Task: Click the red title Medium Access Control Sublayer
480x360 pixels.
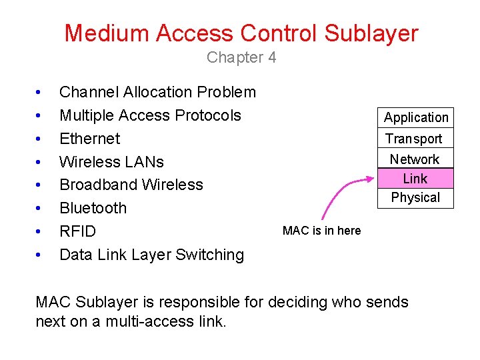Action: pos(241,33)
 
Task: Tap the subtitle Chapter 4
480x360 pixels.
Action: pos(241,57)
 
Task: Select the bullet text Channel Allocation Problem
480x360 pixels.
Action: pos(157,92)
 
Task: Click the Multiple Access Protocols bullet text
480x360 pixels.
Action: pos(150,115)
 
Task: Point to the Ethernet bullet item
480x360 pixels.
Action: pos(89,139)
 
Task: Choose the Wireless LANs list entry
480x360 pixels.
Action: pos(111,162)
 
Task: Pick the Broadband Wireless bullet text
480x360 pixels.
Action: pos(131,185)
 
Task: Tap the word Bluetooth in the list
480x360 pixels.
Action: pos(93,208)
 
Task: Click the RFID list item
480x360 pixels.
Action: pos(77,231)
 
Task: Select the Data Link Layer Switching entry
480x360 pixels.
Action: pos(151,255)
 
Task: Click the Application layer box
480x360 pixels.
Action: pos(416,118)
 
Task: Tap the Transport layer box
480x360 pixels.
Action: pos(414,139)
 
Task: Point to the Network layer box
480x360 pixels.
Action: pos(415,159)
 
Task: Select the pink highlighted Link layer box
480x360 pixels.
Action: pos(415,179)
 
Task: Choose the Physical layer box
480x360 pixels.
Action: pos(415,198)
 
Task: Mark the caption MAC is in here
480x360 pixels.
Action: pos(321,231)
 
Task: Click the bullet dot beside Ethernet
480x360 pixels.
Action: pos(39,139)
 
